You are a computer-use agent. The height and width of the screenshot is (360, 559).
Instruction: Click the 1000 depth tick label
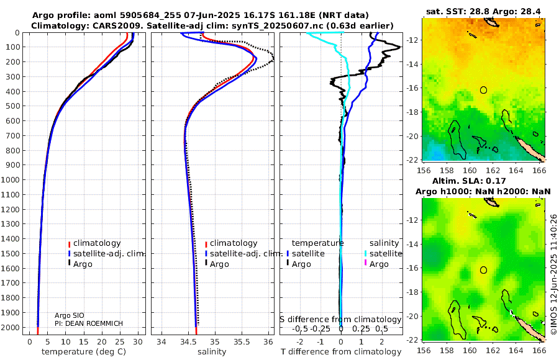coord(11,180)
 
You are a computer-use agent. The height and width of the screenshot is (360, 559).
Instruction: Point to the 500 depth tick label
coord(14,106)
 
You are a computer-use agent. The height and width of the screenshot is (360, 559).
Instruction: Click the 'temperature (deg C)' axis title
coord(84,352)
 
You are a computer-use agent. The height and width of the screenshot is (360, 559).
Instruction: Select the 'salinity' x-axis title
coord(212,352)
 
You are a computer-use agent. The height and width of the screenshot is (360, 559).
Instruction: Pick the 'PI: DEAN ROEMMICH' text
coord(88,324)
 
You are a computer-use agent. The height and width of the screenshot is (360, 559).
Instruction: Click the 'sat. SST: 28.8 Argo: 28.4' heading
coord(483,11)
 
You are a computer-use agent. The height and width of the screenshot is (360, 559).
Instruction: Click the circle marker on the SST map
coord(484,90)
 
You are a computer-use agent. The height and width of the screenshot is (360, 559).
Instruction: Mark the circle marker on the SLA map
coord(484,270)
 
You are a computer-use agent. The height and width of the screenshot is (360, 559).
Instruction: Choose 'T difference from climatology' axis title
coord(341,352)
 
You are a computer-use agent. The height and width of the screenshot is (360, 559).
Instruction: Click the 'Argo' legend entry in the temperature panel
coord(82,264)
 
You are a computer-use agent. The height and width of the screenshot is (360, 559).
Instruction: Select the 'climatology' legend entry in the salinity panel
coord(233,243)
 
